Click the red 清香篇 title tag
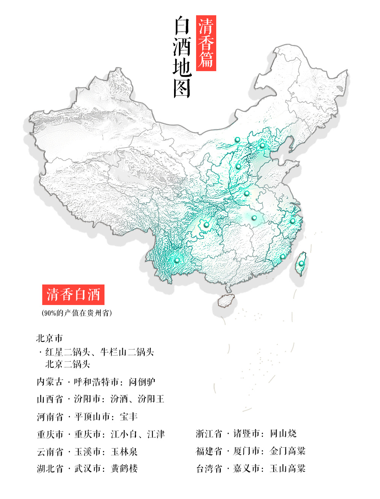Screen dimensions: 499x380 [x=206, y=43]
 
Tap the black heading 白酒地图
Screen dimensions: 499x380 [x=182, y=57]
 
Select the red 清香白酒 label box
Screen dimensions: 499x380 [x=73, y=295]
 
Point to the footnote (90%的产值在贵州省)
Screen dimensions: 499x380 [x=77, y=313]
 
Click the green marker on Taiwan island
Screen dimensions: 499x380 [x=301, y=263]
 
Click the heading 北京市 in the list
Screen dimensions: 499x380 [x=49, y=338]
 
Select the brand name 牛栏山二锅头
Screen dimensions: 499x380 [x=127, y=352]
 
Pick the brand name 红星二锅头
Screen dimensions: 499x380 [x=68, y=352]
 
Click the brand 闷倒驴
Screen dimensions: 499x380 [x=142, y=381]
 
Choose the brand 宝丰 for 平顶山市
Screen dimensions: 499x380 [x=128, y=416]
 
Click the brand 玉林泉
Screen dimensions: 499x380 [x=124, y=451]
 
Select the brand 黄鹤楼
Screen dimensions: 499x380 [x=124, y=469]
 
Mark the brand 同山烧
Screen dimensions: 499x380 [x=283, y=434]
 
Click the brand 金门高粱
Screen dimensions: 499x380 [x=288, y=451]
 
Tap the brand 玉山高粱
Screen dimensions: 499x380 [x=288, y=469]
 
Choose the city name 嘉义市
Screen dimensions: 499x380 [x=246, y=469]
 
